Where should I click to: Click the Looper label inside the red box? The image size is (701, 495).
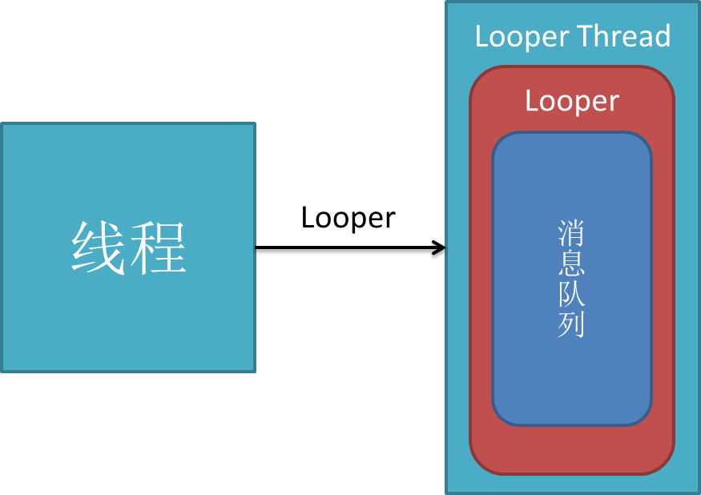pos(571,102)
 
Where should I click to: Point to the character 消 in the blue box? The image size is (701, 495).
pos(571,234)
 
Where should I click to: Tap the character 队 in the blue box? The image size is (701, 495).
pos(571,295)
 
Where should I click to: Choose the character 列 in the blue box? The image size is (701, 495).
pos(571,325)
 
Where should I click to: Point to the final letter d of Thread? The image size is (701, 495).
pos(662,37)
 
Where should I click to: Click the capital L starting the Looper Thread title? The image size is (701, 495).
pos(481,37)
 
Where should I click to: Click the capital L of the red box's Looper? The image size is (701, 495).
pos(532,101)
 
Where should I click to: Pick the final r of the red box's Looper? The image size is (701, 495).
pos(614,103)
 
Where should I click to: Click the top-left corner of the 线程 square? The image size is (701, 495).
pos(2,124)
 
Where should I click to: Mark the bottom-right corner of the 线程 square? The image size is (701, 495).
pos(254,371)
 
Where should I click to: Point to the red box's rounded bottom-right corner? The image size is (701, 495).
pos(666,465)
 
